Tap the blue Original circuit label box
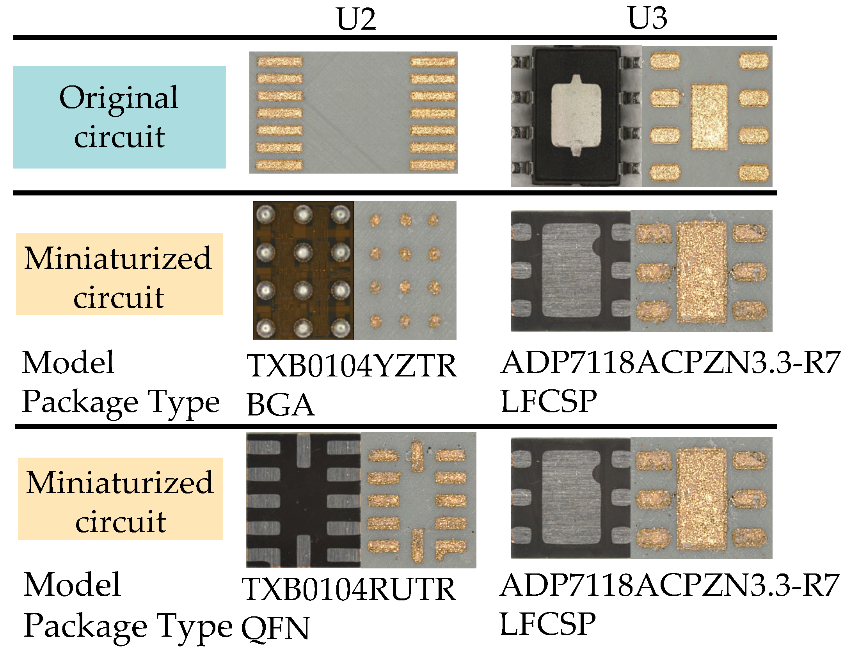(119, 117)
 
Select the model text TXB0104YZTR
(351, 366)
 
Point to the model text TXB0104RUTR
(348, 589)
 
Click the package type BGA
(280, 405)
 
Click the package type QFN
(275, 628)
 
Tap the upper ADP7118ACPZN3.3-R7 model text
(670, 362)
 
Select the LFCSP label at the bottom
(547, 624)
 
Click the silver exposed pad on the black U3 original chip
(576, 116)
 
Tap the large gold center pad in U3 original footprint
(709, 117)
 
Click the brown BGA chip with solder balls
(303, 271)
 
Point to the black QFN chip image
(303, 500)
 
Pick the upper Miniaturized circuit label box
(119, 274)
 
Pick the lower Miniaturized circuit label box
(120, 499)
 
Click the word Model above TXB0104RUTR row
(72, 585)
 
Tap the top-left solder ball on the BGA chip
(266, 214)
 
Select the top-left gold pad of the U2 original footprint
(279, 62)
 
